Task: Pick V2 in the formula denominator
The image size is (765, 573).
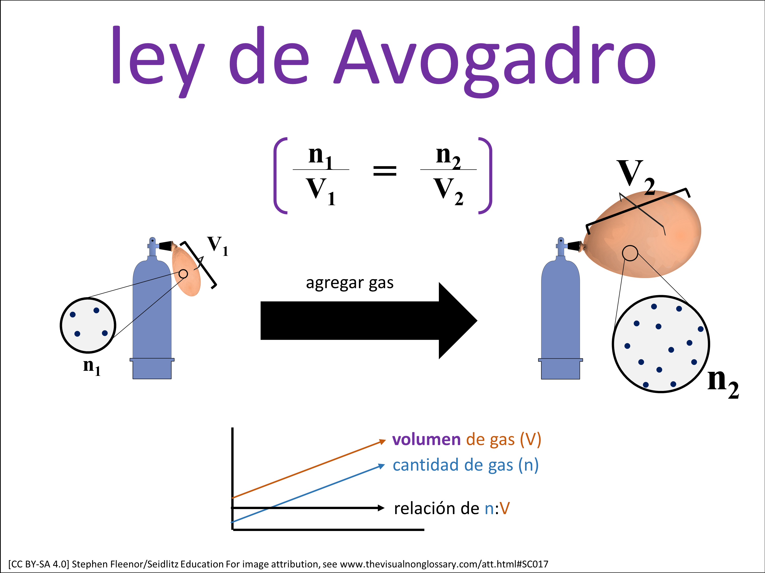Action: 449,191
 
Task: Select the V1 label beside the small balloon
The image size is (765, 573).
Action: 218,246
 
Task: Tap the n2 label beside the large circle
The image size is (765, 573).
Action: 723,383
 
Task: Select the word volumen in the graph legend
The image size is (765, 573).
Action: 426,440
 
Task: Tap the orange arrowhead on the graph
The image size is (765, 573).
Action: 382,441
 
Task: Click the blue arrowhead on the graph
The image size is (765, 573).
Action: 381,466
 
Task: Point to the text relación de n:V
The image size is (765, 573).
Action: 452,508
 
